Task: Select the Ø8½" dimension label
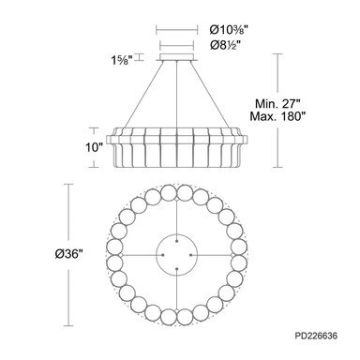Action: tap(226, 46)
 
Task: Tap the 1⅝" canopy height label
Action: tap(123, 60)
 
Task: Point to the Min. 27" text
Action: tap(278, 103)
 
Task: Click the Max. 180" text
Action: tap(277, 116)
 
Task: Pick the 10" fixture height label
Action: tap(94, 147)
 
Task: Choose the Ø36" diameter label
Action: tap(68, 254)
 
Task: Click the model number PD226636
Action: tap(316, 336)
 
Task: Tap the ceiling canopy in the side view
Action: tap(177, 57)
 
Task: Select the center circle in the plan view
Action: tap(177, 234)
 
